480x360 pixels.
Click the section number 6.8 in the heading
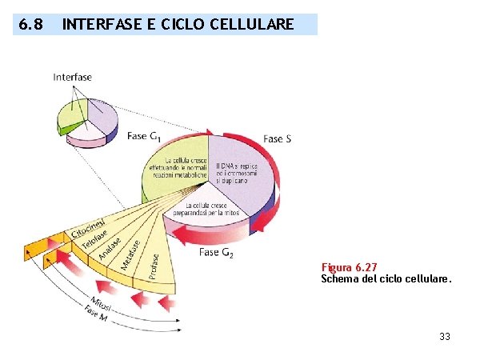(x=30, y=25)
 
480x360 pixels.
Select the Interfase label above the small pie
(x=73, y=77)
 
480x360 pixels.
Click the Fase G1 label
(x=147, y=137)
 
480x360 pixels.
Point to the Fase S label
(x=277, y=138)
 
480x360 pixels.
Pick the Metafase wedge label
(x=131, y=254)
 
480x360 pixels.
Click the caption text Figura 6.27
(x=350, y=267)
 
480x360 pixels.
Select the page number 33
(x=445, y=337)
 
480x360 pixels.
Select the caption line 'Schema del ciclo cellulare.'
(x=386, y=280)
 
